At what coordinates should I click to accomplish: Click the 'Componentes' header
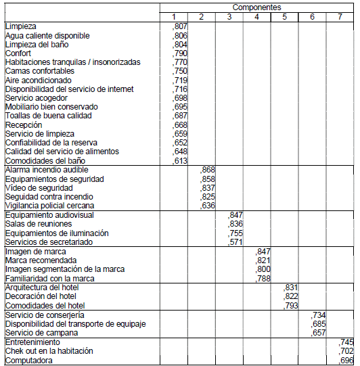click(256, 7)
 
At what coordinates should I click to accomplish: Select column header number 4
click(256, 16)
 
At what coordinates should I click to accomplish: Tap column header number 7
click(340, 16)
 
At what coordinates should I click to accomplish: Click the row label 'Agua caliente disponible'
click(47, 35)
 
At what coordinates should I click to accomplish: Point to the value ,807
click(180, 26)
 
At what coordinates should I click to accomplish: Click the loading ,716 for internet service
click(180, 89)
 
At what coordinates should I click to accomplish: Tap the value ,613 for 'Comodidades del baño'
click(180, 160)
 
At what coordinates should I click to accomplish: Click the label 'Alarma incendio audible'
click(47, 170)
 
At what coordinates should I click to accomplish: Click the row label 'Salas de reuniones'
click(39, 224)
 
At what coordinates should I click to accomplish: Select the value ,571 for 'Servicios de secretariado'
click(235, 242)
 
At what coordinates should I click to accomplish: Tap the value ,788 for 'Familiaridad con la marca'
click(263, 278)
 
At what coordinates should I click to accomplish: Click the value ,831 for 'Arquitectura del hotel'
click(291, 288)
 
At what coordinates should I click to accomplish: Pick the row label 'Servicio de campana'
click(40, 333)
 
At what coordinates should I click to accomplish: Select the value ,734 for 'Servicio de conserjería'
click(319, 315)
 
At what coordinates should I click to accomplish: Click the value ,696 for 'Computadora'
click(346, 361)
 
